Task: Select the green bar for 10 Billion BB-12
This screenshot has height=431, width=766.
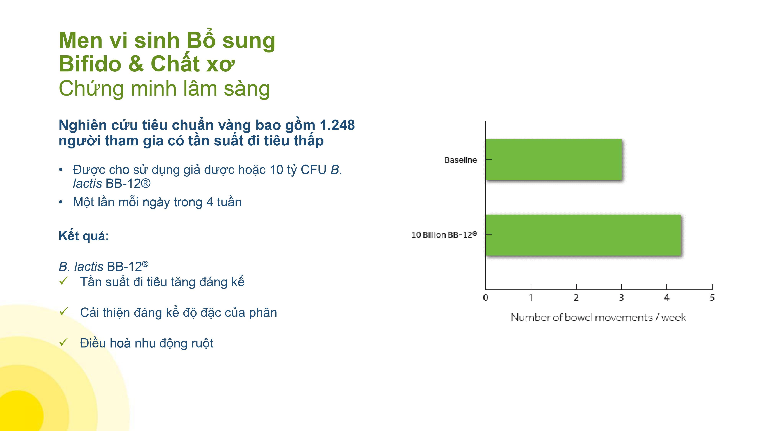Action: coord(583,235)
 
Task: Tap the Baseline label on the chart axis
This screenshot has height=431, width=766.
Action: coord(461,160)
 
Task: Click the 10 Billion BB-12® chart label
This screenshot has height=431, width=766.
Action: coord(444,235)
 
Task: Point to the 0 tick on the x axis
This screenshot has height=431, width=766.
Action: coord(486,298)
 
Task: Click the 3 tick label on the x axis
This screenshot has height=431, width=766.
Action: coord(621,298)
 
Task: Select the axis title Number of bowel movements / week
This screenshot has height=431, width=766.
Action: coord(598,317)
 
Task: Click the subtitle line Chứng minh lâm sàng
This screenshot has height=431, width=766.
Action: coord(164,89)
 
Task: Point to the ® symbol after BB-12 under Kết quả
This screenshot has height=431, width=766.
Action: coord(145,264)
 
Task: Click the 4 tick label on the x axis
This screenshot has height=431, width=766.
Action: coord(667,298)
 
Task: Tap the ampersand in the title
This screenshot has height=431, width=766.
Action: coord(136,64)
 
